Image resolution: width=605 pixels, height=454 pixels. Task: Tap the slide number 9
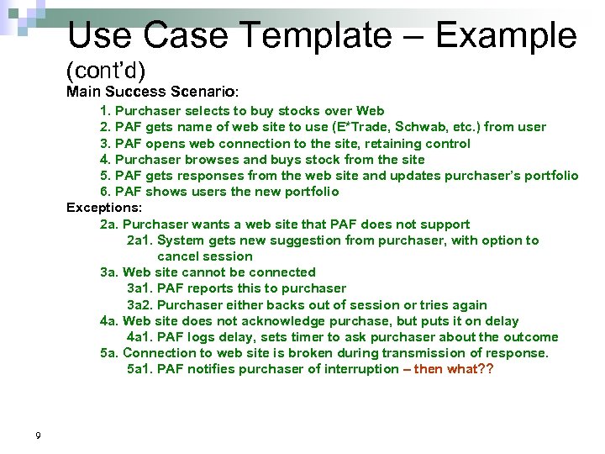pos(39,434)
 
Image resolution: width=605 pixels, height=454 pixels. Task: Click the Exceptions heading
pos(104,208)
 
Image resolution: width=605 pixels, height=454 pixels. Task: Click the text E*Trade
pos(360,127)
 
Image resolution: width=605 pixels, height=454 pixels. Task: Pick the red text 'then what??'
pos(455,369)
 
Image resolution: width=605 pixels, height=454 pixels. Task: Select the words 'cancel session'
pos(205,256)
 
